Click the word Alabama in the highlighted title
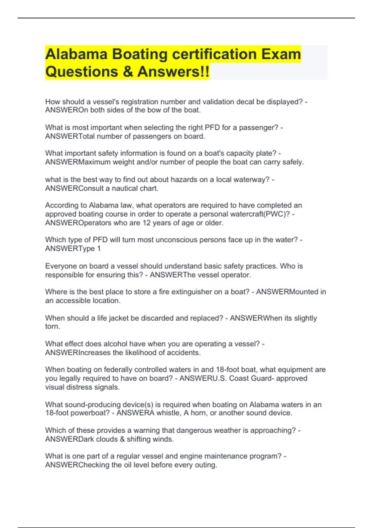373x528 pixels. tap(76, 54)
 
